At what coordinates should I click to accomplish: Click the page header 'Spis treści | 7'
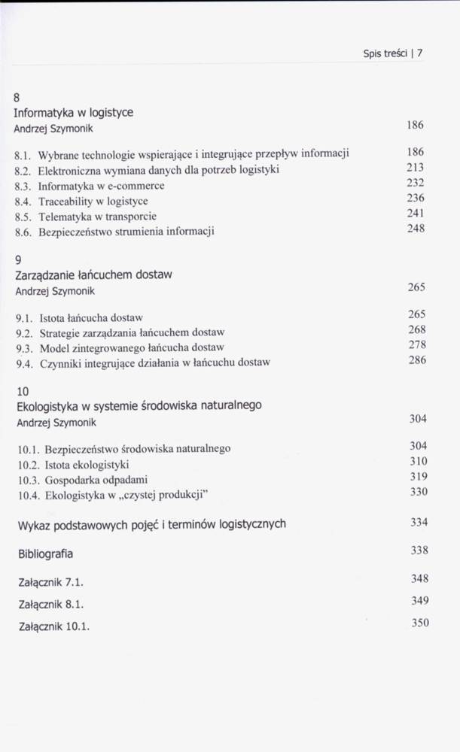[393, 53]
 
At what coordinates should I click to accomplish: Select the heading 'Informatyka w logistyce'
[74, 112]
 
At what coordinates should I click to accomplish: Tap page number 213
[415, 167]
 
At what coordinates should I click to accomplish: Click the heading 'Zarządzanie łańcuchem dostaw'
[94, 274]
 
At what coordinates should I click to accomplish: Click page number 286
[417, 359]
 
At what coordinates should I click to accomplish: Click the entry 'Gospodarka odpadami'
[96, 480]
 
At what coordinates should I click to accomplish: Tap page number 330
[418, 492]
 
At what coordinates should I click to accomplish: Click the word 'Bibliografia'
[45, 553]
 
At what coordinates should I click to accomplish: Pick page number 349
[419, 600]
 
